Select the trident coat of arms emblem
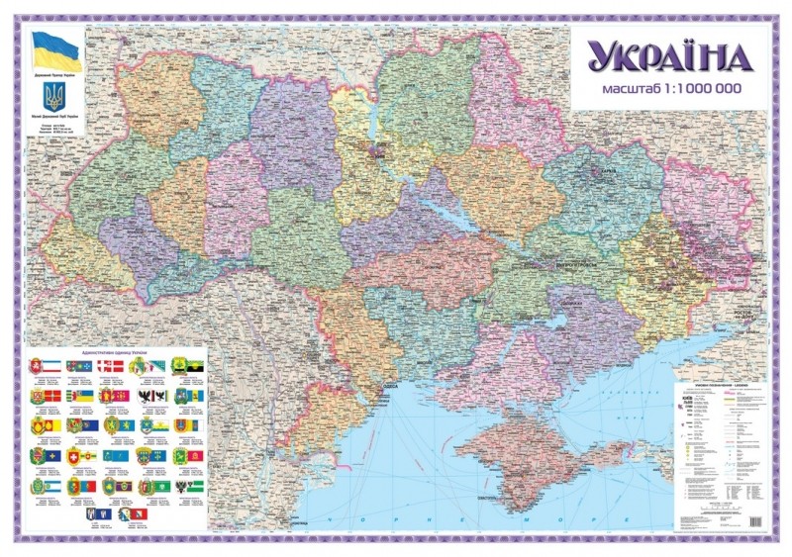click(x=55, y=97)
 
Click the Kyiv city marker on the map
click(x=377, y=151)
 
